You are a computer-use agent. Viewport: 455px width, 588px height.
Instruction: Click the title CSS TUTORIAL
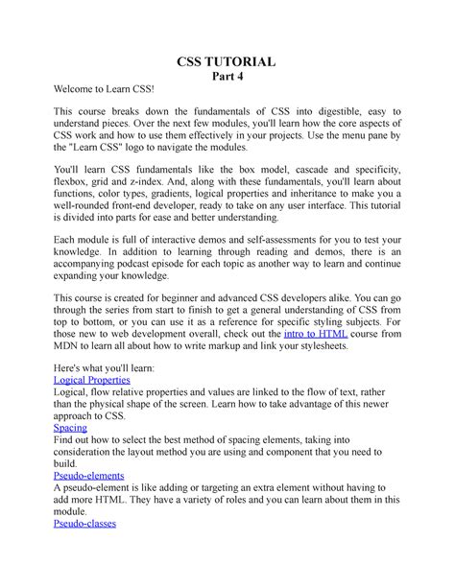[x=227, y=62]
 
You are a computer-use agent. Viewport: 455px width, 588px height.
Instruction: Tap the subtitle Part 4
[x=227, y=78]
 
